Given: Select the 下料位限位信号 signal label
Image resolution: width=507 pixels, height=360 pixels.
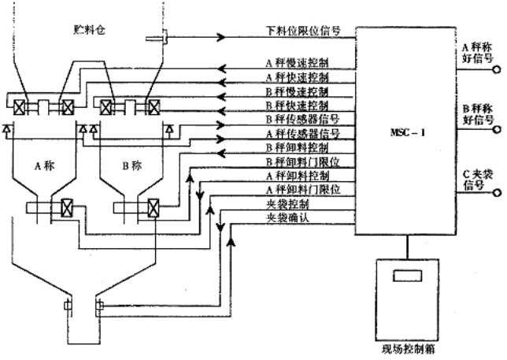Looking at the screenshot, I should tap(302, 32).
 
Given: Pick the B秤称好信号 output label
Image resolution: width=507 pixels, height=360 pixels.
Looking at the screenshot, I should tap(476, 115).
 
